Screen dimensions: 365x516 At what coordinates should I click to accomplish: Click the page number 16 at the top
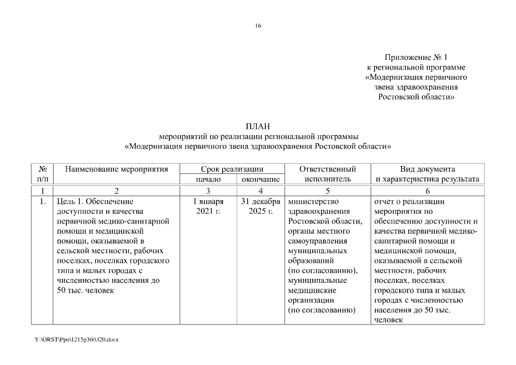pos(258,25)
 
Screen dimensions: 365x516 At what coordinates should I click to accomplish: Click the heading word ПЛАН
pos(258,126)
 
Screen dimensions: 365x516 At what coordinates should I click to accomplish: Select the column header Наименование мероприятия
pos(116,169)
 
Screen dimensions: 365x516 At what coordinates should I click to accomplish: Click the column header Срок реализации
pos(231,169)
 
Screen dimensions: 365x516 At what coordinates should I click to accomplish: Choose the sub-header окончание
pos(260,179)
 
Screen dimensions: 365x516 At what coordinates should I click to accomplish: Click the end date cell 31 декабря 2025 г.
pos(260,206)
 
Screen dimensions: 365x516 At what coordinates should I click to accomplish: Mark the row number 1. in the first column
pos(42,201)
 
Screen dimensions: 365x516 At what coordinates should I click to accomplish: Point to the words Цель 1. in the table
pos(71,201)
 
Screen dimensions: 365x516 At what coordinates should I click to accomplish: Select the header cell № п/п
pos(42,174)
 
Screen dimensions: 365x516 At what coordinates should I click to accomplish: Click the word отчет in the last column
pos(385,201)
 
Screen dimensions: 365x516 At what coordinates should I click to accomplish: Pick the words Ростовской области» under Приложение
pos(417,97)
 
